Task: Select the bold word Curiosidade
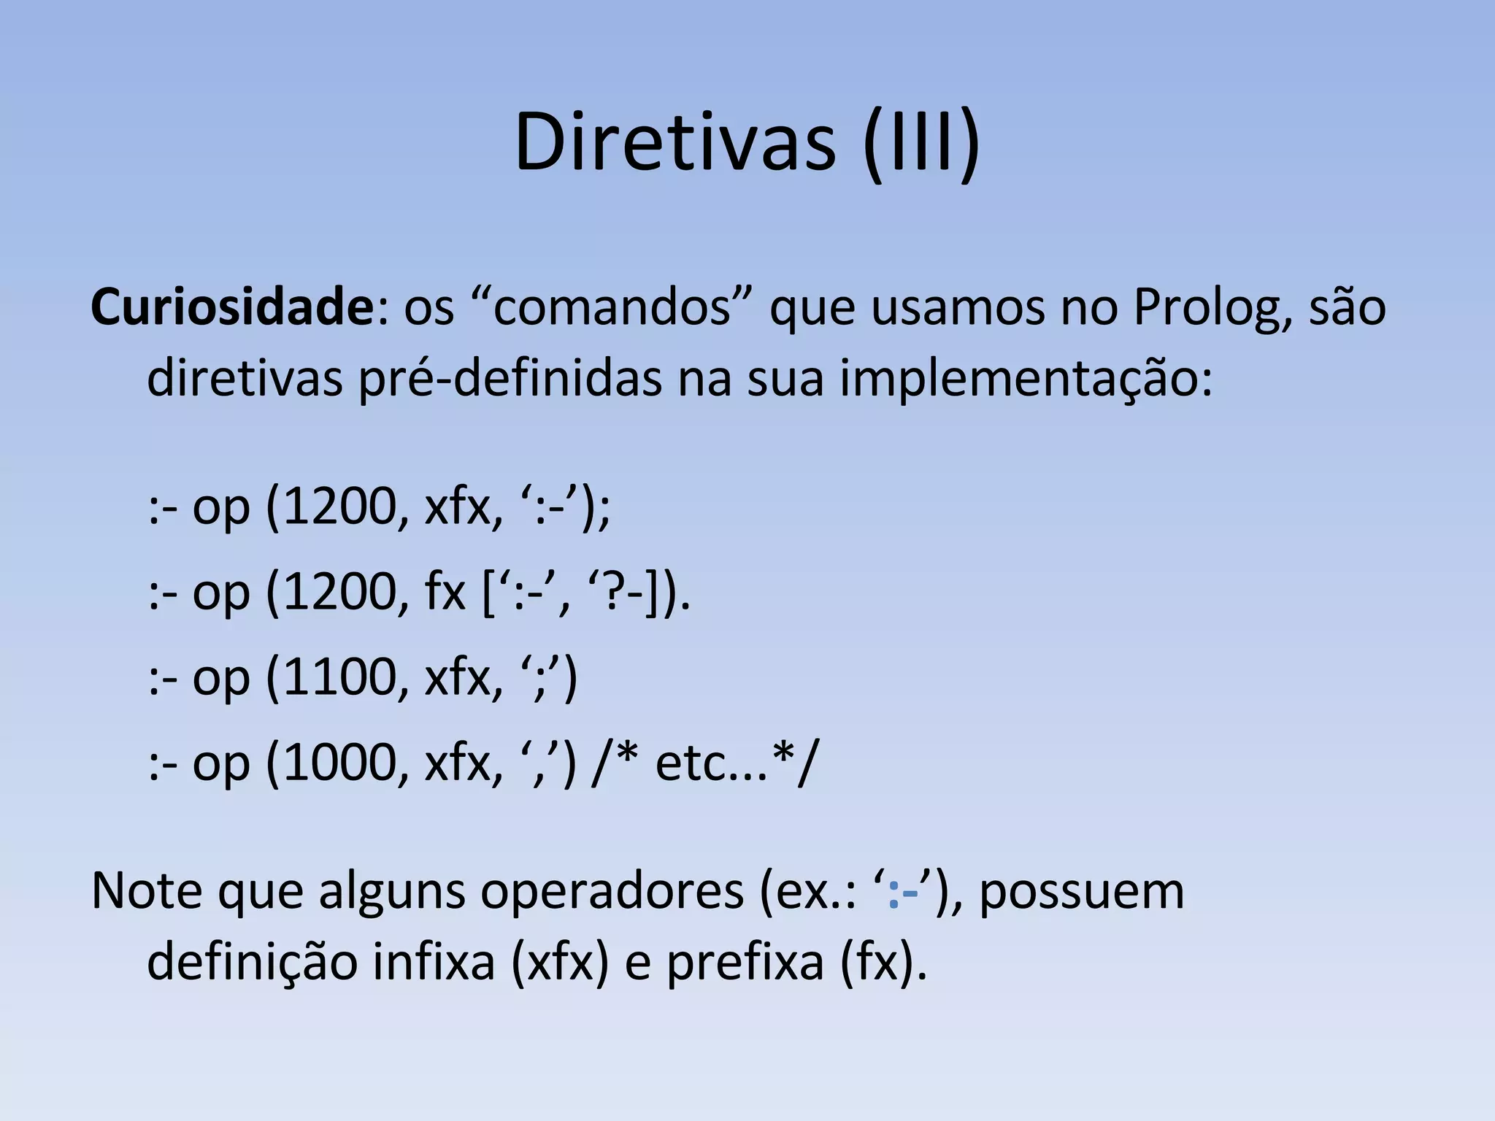pos(232,307)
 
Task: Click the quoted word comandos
pos(612,307)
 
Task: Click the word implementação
pos(1025,380)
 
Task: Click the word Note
pos(146,892)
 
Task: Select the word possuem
pos(1081,892)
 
